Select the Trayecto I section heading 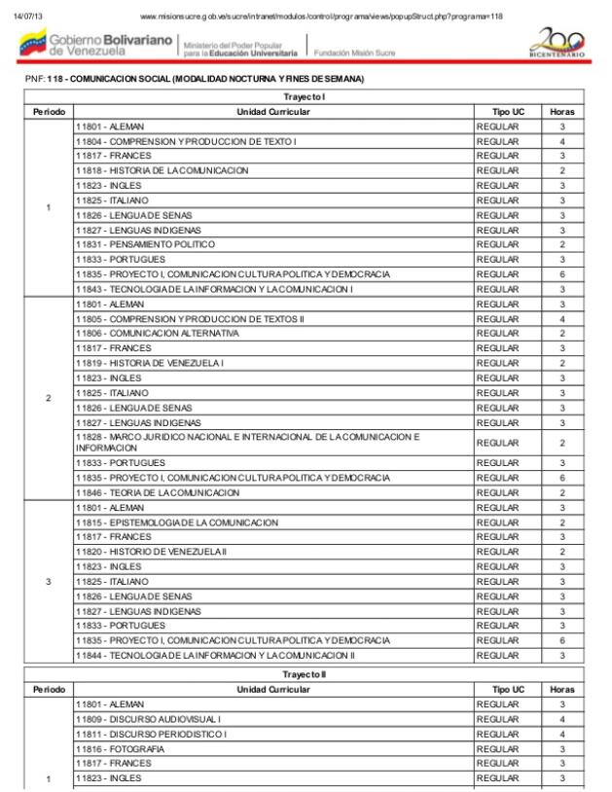[x=305, y=97]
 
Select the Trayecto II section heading [x=305, y=674]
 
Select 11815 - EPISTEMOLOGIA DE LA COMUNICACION [x=176, y=522]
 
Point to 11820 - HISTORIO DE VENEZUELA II [x=151, y=552]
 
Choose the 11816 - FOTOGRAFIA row [x=123, y=749]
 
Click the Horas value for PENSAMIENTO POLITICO [x=561, y=244]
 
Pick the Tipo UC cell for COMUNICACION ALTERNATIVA [x=498, y=333]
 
